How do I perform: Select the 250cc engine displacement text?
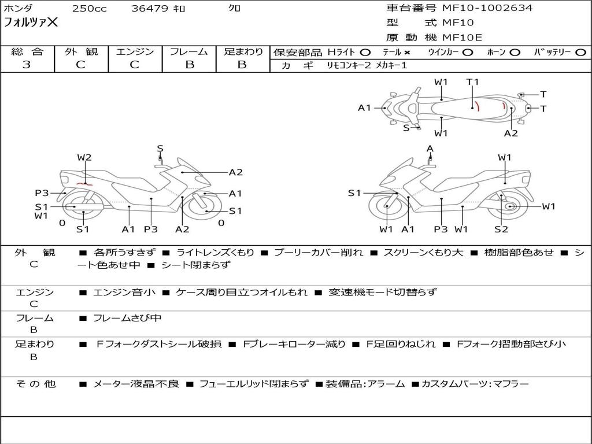pos(89,9)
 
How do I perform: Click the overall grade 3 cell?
pos(27,65)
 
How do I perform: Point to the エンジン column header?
pos(135,52)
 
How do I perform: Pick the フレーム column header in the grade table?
pos(189,52)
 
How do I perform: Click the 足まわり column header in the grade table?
pos(243,52)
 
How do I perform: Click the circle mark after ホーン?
pos(515,53)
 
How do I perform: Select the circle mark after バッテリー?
pos(580,53)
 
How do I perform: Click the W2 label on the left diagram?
pos(84,157)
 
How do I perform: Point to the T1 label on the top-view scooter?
pos(472,82)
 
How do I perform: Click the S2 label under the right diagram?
pos(501,230)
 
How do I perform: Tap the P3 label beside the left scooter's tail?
pos(42,193)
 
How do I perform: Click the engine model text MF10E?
pos(462,38)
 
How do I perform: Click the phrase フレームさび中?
pos(127,318)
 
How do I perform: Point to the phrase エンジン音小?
pos(124,293)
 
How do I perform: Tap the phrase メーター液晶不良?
pos(136,384)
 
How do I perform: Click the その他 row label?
pos(35,384)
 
